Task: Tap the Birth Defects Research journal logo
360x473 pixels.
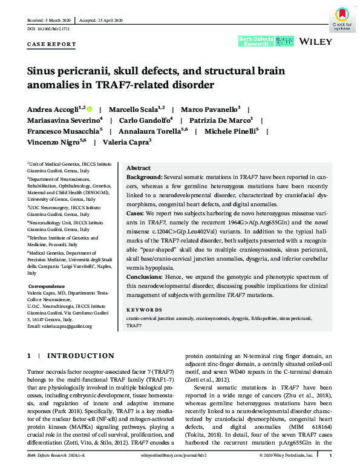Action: pyautogui.click(x=254, y=41)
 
